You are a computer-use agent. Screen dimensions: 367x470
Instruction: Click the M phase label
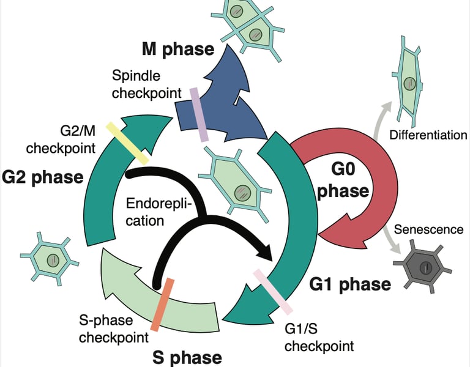(178, 49)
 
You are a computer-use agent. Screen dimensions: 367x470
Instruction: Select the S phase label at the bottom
(186, 357)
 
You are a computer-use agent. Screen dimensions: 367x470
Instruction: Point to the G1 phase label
(350, 284)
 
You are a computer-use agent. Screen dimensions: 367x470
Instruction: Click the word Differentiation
(428, 135)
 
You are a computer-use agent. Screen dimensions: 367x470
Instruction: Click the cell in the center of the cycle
(236, 186)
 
